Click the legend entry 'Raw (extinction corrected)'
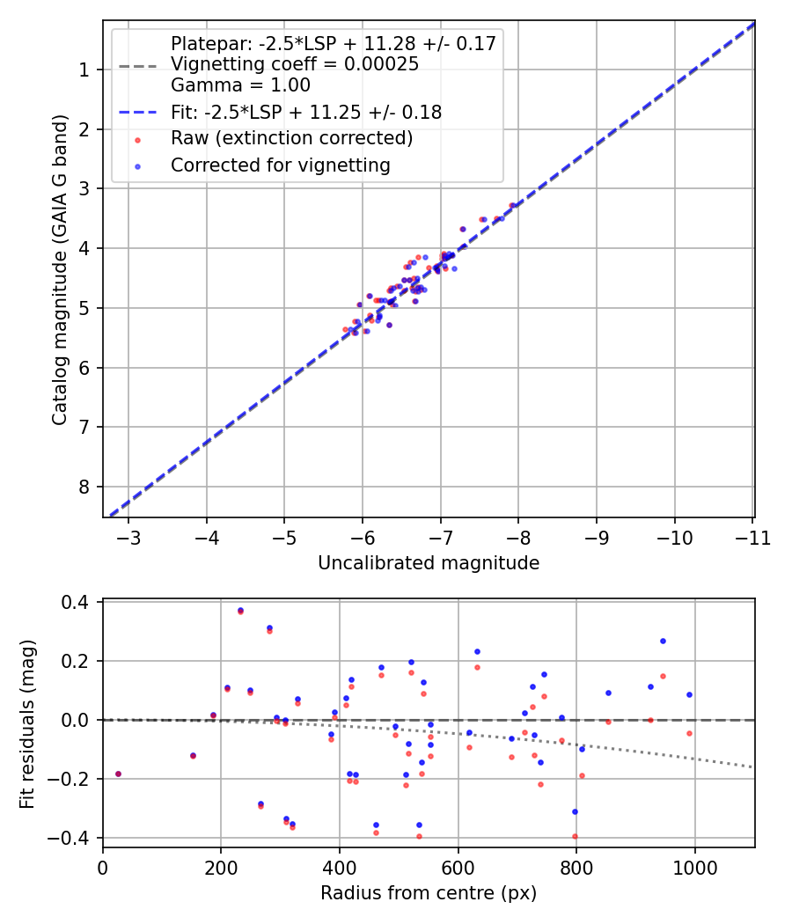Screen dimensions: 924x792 291,138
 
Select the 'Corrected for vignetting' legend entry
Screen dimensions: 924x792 280,165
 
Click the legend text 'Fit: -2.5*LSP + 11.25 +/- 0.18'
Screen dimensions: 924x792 306,112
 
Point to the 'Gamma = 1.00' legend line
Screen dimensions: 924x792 240,85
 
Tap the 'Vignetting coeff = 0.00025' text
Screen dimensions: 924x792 295,64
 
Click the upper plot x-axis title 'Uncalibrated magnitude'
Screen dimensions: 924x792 429,562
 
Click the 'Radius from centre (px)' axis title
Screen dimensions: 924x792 429,893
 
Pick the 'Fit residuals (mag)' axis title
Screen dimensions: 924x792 26,722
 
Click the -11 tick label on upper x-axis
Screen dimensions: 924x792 752,538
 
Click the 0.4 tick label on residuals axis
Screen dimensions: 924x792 79,603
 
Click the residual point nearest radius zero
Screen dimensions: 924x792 118,774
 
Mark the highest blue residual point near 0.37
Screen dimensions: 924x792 240,610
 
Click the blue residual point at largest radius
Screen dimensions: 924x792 689,694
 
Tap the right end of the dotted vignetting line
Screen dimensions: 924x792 754,767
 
